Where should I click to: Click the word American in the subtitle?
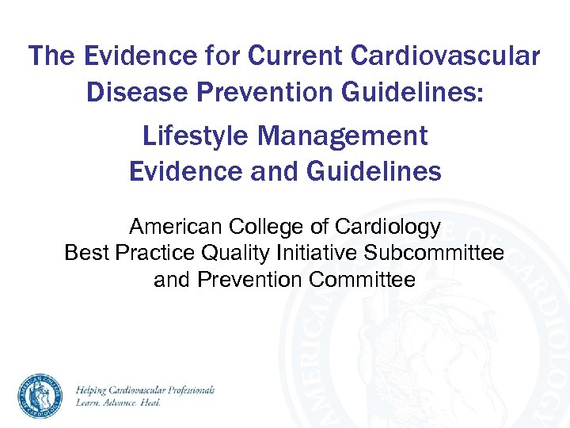(x=177, y=227)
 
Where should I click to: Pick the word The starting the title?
(x=54, y=57)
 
